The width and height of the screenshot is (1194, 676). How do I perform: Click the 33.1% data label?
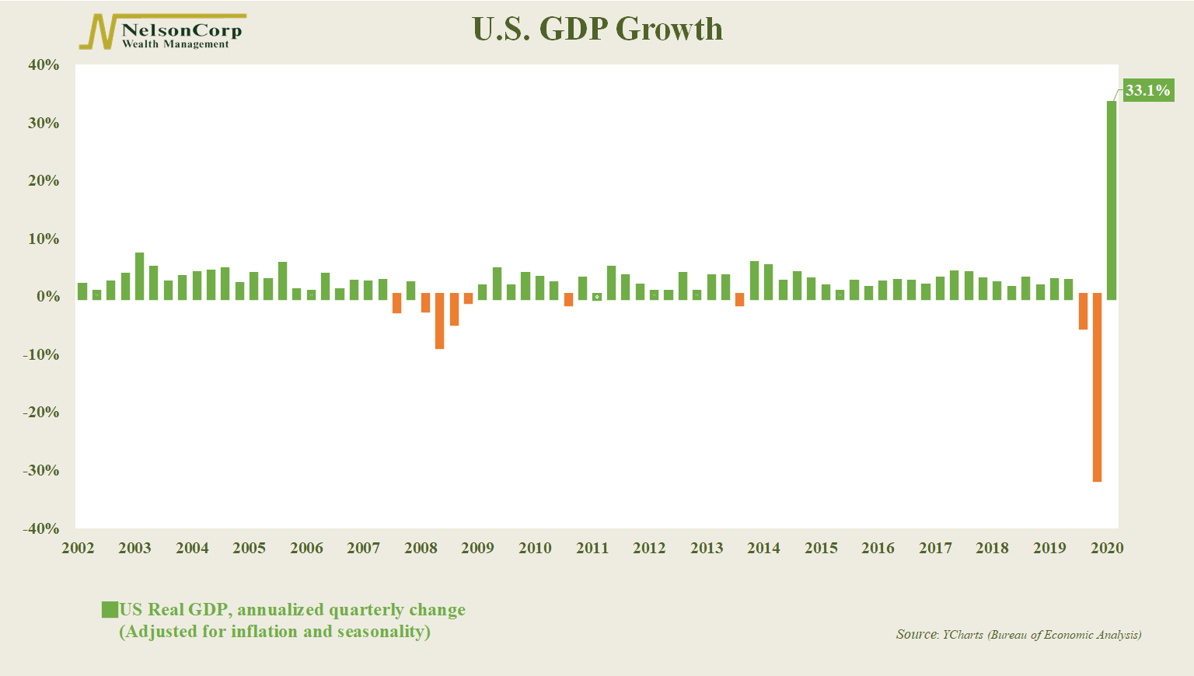1147,91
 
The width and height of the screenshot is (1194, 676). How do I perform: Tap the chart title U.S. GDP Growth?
597,30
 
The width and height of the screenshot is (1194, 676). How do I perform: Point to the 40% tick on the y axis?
44,65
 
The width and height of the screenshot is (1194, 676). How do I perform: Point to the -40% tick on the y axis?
42,528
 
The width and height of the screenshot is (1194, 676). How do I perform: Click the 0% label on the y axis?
47,297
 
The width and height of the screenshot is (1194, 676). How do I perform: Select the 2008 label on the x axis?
421,548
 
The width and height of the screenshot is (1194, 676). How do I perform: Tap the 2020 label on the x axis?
1107,548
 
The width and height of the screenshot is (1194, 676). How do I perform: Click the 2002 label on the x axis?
78,548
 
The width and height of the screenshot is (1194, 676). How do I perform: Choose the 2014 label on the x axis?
763,548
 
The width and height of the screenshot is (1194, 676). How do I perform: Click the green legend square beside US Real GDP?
110,610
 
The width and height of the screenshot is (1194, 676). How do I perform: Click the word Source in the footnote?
916,635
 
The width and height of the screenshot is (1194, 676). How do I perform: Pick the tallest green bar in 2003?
140,276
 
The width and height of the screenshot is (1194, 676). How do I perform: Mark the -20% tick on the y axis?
42,413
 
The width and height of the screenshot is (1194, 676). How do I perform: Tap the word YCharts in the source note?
962,635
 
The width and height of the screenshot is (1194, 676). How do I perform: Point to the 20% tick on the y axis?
44,181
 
